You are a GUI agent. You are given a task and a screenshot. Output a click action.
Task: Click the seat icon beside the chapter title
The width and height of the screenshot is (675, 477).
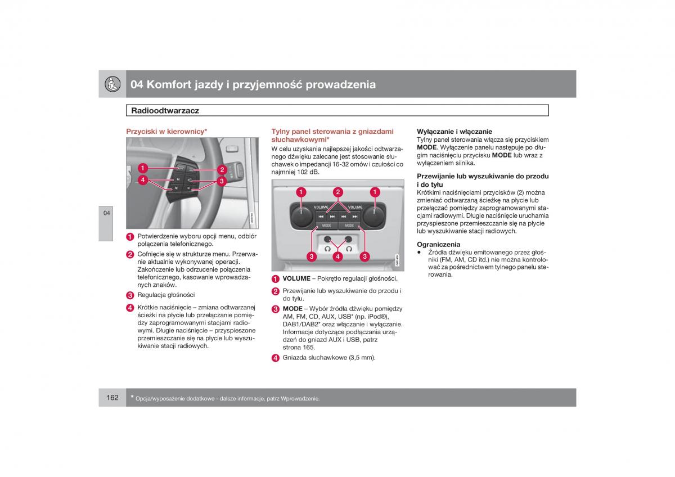click(112, 84)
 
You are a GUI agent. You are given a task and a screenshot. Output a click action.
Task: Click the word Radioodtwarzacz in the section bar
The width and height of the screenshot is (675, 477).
click(165, 111)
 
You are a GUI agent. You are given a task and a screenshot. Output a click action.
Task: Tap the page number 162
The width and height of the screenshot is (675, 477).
click(112, 398)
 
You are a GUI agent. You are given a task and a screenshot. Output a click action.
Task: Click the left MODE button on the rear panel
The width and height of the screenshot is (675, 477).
click(326, 226)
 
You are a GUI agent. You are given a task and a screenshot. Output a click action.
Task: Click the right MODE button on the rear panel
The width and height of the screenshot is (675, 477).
click(349, 226)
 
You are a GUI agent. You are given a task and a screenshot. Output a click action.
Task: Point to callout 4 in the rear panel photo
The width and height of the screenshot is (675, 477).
click(337, 256)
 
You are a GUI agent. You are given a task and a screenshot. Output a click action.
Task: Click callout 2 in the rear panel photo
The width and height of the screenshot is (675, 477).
click(337, 192)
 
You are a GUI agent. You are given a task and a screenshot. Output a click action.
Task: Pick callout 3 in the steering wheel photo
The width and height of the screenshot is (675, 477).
click(222, 181)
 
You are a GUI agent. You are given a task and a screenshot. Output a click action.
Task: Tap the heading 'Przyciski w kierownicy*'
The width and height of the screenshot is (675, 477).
click(166, 131)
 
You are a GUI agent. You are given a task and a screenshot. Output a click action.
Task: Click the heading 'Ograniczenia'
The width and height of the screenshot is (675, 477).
click(438, 244)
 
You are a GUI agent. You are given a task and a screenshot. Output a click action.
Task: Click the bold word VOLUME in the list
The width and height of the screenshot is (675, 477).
click(296, 278)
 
